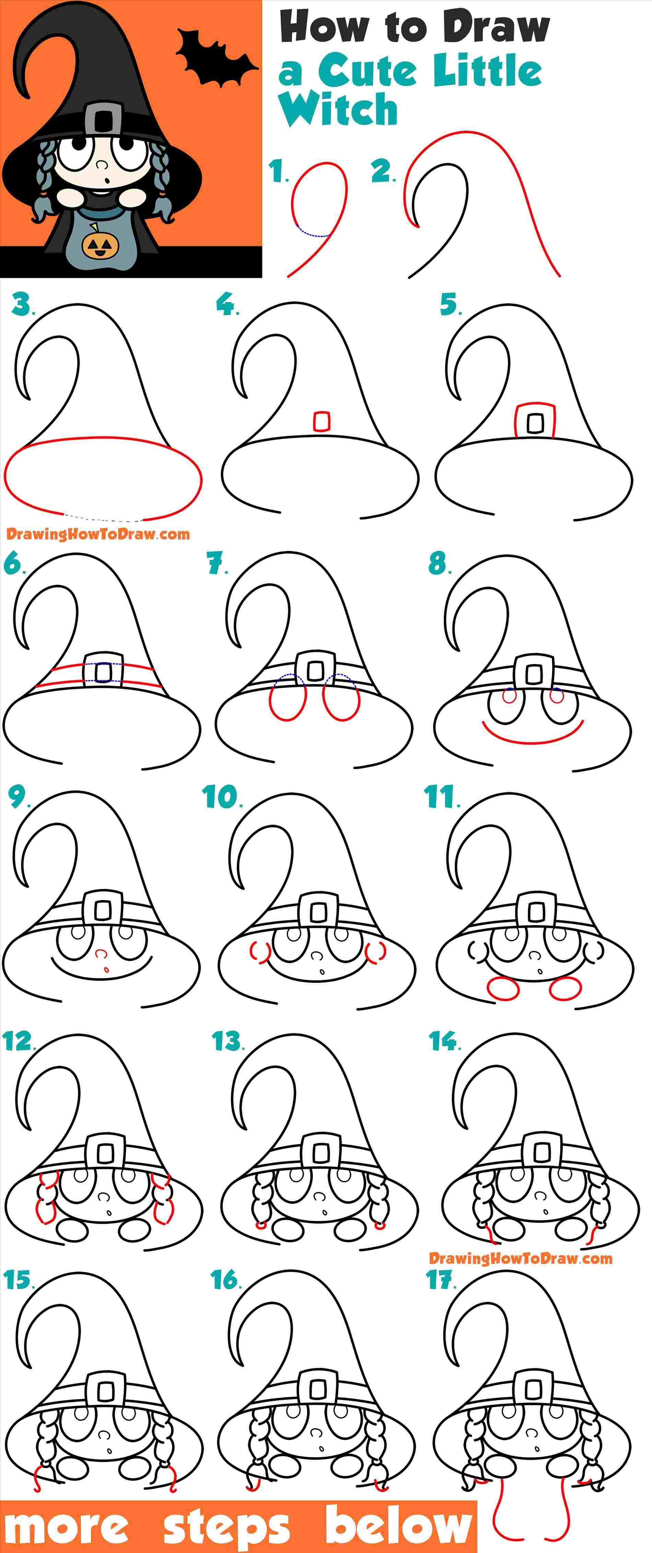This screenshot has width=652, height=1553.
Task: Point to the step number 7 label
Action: (217, 564)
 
